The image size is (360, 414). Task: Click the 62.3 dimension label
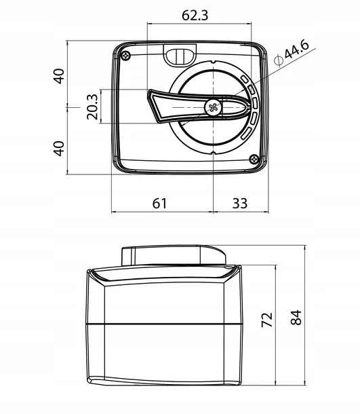195,16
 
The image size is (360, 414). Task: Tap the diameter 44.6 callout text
291,53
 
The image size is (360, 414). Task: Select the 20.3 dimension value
92,107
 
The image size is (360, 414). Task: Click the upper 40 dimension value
59,76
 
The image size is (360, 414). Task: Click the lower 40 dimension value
59,149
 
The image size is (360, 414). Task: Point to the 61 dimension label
159,204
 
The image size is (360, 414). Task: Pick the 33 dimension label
240,204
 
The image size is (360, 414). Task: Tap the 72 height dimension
266,320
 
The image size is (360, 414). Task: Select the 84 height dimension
296,318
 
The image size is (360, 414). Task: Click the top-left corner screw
126,56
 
